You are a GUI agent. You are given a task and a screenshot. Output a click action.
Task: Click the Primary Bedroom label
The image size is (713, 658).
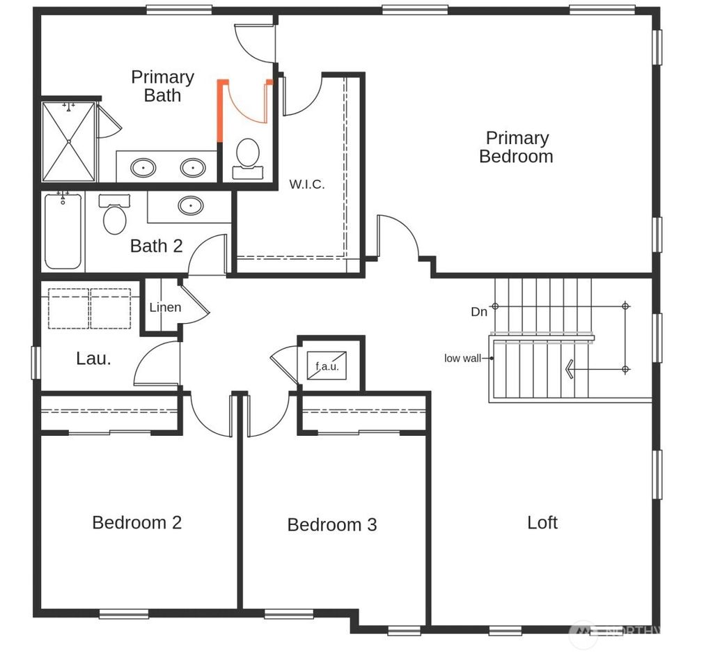click(x=517, y=147)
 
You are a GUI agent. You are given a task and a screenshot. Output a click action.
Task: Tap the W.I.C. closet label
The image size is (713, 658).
click(x=307, y=185)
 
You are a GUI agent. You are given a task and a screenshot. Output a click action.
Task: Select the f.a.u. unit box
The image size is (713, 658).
click(x=327, y=366)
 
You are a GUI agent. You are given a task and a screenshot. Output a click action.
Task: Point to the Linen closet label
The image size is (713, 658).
click(x=165, y=307)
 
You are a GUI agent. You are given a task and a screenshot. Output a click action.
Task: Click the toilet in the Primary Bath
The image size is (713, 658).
click(x=248, y=157)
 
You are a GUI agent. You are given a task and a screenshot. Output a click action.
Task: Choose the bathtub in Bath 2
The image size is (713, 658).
click(x=63, y=231)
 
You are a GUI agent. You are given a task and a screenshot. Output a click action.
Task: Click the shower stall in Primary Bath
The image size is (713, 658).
click(x=68, y=141)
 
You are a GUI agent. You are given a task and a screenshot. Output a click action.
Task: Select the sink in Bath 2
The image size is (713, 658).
click(x=191, y=205)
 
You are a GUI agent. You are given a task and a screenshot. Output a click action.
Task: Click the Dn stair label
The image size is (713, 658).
click(x=479, y=312)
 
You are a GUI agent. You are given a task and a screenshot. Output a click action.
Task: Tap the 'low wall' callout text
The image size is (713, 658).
click(x=462, y=359)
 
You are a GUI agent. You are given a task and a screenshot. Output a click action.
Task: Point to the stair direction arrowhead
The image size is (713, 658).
click(x=570, y=368)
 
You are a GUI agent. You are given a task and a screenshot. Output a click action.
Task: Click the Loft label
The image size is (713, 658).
click(x=542, y=522)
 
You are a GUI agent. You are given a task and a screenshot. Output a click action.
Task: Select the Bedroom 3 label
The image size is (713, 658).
click(x=332, y=524)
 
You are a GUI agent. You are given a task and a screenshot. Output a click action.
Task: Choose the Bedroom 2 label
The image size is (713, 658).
click(x=137, y=522)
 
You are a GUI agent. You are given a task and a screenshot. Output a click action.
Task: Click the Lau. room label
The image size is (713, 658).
click(x=93, y=359)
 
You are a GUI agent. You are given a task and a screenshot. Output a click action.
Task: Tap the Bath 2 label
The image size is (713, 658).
click(x=157, y=246)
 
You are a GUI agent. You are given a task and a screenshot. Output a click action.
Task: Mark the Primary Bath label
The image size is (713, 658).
click(x=162, y=86)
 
